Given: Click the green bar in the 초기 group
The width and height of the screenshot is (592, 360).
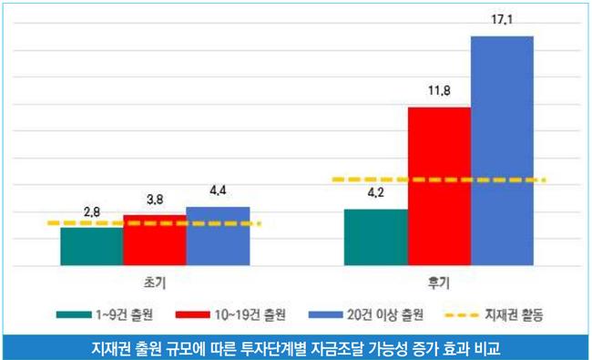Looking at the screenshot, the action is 92,246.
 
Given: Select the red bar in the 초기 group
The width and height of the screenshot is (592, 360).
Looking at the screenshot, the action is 155,241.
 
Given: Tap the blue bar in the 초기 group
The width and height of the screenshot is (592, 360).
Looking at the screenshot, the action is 218,236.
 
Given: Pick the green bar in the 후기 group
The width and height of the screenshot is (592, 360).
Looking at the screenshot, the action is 376,237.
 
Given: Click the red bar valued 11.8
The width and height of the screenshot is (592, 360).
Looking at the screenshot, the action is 439,187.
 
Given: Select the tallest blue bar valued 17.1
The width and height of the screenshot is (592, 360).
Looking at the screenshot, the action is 502,151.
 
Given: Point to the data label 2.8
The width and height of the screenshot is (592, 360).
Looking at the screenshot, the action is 92,212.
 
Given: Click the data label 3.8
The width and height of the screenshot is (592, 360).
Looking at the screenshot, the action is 155,200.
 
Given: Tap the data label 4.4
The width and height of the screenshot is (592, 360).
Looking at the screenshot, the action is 218,190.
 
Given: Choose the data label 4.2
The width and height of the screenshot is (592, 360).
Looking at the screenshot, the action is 376,192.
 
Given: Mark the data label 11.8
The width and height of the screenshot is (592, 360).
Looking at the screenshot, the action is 439,90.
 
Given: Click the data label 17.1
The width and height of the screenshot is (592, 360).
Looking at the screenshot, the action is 502,19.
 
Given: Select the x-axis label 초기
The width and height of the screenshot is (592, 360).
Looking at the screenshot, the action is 155,283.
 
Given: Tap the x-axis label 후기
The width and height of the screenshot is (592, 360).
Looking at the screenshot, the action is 439,283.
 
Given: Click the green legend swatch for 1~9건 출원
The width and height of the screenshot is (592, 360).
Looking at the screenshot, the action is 74,314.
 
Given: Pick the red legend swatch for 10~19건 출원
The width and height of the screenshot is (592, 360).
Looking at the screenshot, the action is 193,314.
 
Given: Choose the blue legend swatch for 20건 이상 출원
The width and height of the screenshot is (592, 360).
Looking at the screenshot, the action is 326,314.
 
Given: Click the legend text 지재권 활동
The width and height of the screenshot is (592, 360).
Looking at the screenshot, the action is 514,315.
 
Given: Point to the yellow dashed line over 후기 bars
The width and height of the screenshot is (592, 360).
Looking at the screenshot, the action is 439,180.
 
